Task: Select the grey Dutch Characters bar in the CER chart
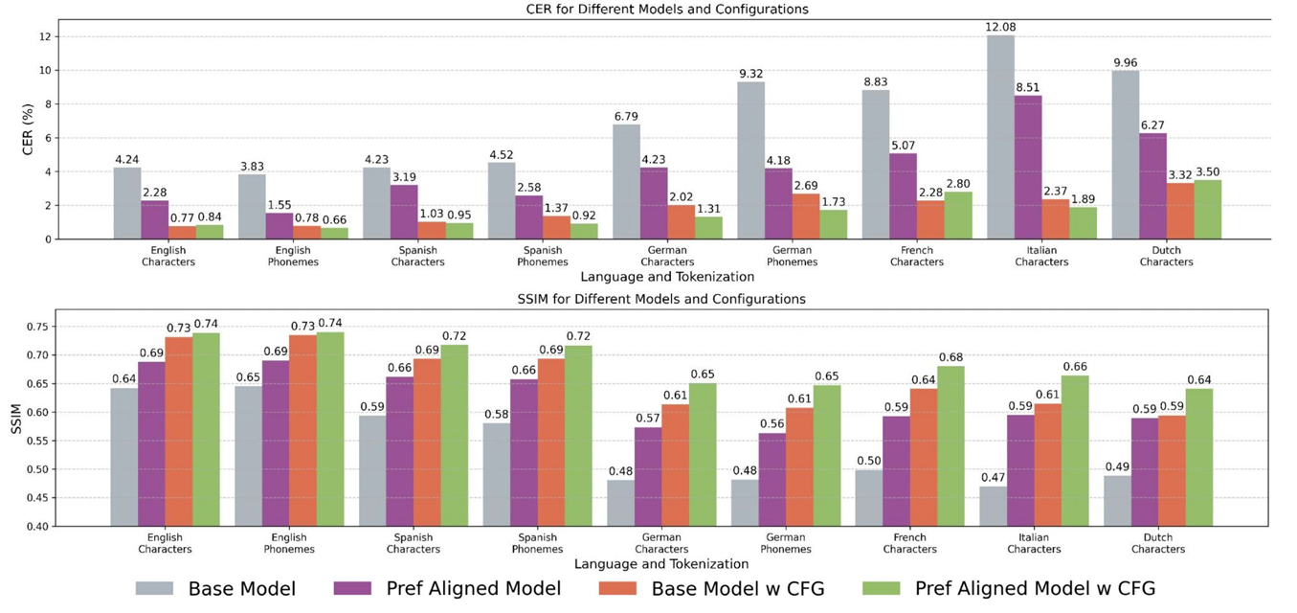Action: point(1126,154)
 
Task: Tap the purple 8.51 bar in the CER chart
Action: point(1028,167)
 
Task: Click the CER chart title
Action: point(646,10)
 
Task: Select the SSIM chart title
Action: point(646,299)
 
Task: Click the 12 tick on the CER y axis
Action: point(49,36)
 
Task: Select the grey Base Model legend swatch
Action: point(154,588)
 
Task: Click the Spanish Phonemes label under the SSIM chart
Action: point(537,543)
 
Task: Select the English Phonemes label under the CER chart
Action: point(293,256)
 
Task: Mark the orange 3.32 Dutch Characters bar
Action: point(1180,211)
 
